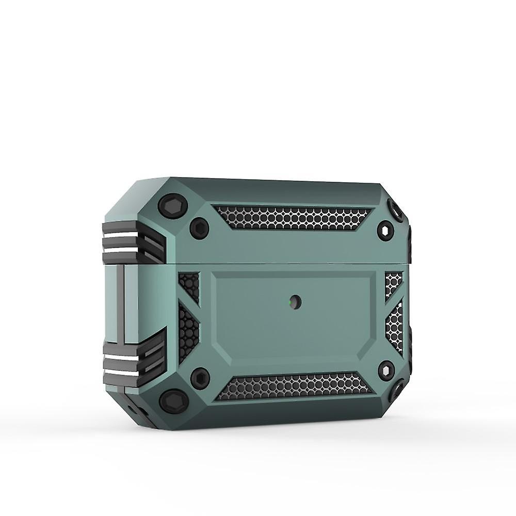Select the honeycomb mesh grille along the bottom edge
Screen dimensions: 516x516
[x=292, y=387]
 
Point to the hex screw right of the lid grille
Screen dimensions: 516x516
[x=386, y=230]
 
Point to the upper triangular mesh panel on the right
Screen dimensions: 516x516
[x=393, y=284]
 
